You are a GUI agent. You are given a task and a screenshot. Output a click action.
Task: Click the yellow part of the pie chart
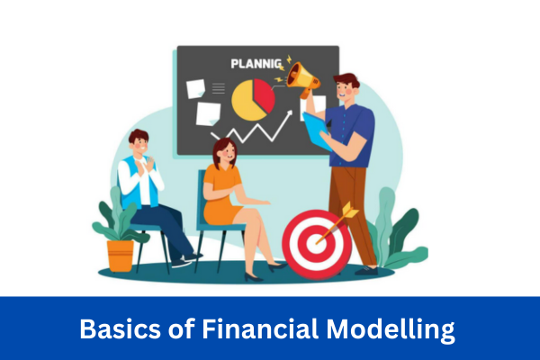pyautogui.click(x=247, y=103)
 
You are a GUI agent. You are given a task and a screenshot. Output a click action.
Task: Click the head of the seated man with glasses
pyautogui.click(x=139, y=142)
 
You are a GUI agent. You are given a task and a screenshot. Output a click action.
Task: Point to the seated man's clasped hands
pyautogui.click(x=147, y=168)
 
